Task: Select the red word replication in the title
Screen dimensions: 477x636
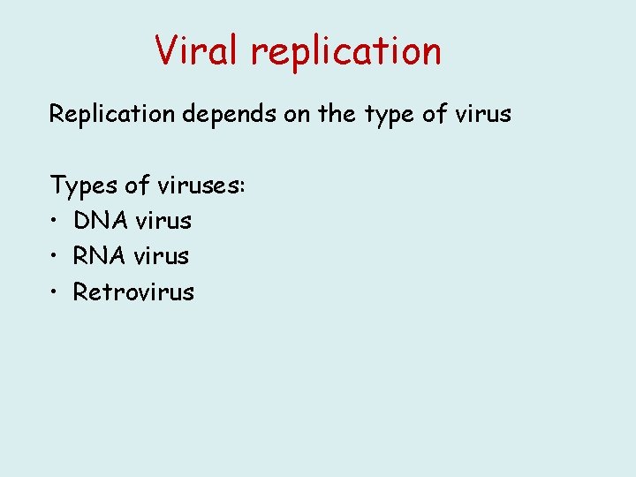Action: click(346, 52)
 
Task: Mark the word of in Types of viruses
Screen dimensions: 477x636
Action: click(140, 185)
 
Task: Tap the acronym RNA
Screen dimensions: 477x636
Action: click(100, 256)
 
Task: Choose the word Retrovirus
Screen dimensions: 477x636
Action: click(133, 291)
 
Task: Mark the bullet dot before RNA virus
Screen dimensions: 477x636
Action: click(55, 257)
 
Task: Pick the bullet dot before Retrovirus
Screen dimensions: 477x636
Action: click(55, 292)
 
